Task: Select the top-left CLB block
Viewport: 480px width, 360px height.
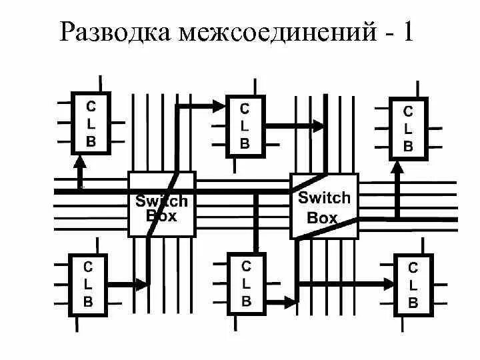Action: click(91, 123)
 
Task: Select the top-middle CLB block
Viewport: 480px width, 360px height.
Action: click(245, 125)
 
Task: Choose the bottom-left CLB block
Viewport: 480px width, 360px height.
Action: click(88, 283)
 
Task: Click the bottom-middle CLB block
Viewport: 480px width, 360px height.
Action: click(246, 283)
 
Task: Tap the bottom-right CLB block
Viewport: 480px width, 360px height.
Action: click(413, 285)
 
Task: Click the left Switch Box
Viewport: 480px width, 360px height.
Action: click(161, 204)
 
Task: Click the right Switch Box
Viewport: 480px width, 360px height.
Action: click(323, 205)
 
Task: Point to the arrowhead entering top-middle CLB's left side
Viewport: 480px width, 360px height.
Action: click(219, 104)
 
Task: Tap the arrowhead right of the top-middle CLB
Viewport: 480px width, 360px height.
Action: click(319, 125)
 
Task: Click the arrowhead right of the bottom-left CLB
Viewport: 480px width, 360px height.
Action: click(141, 283)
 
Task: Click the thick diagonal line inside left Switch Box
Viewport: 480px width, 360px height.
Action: click(163, 204)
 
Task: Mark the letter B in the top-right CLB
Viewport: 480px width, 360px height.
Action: click(408, 146)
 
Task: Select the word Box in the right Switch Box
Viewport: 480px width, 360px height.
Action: click(322, 217)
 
